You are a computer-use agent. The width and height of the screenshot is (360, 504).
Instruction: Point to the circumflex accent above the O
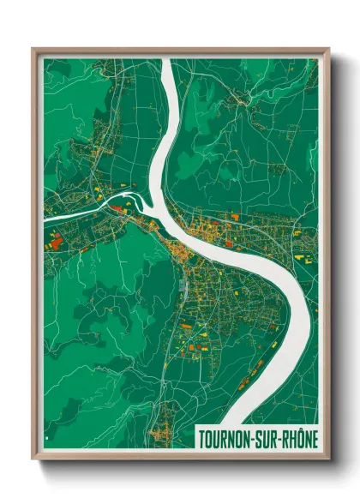click(x=303, y=429)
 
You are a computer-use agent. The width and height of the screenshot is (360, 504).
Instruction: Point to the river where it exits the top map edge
click(x=169, y=61)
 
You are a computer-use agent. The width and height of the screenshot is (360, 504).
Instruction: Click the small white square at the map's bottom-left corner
click(x=48, y=443)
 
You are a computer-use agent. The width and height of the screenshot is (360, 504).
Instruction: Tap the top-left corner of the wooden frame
click(x=33, y=49)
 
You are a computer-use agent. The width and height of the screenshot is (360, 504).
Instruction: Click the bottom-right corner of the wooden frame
click(x=328, y=459)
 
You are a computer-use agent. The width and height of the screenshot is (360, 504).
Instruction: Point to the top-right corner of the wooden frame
click(x=328, y=49)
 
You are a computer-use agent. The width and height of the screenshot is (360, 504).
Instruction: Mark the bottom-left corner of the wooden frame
click(x=33, y=459)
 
